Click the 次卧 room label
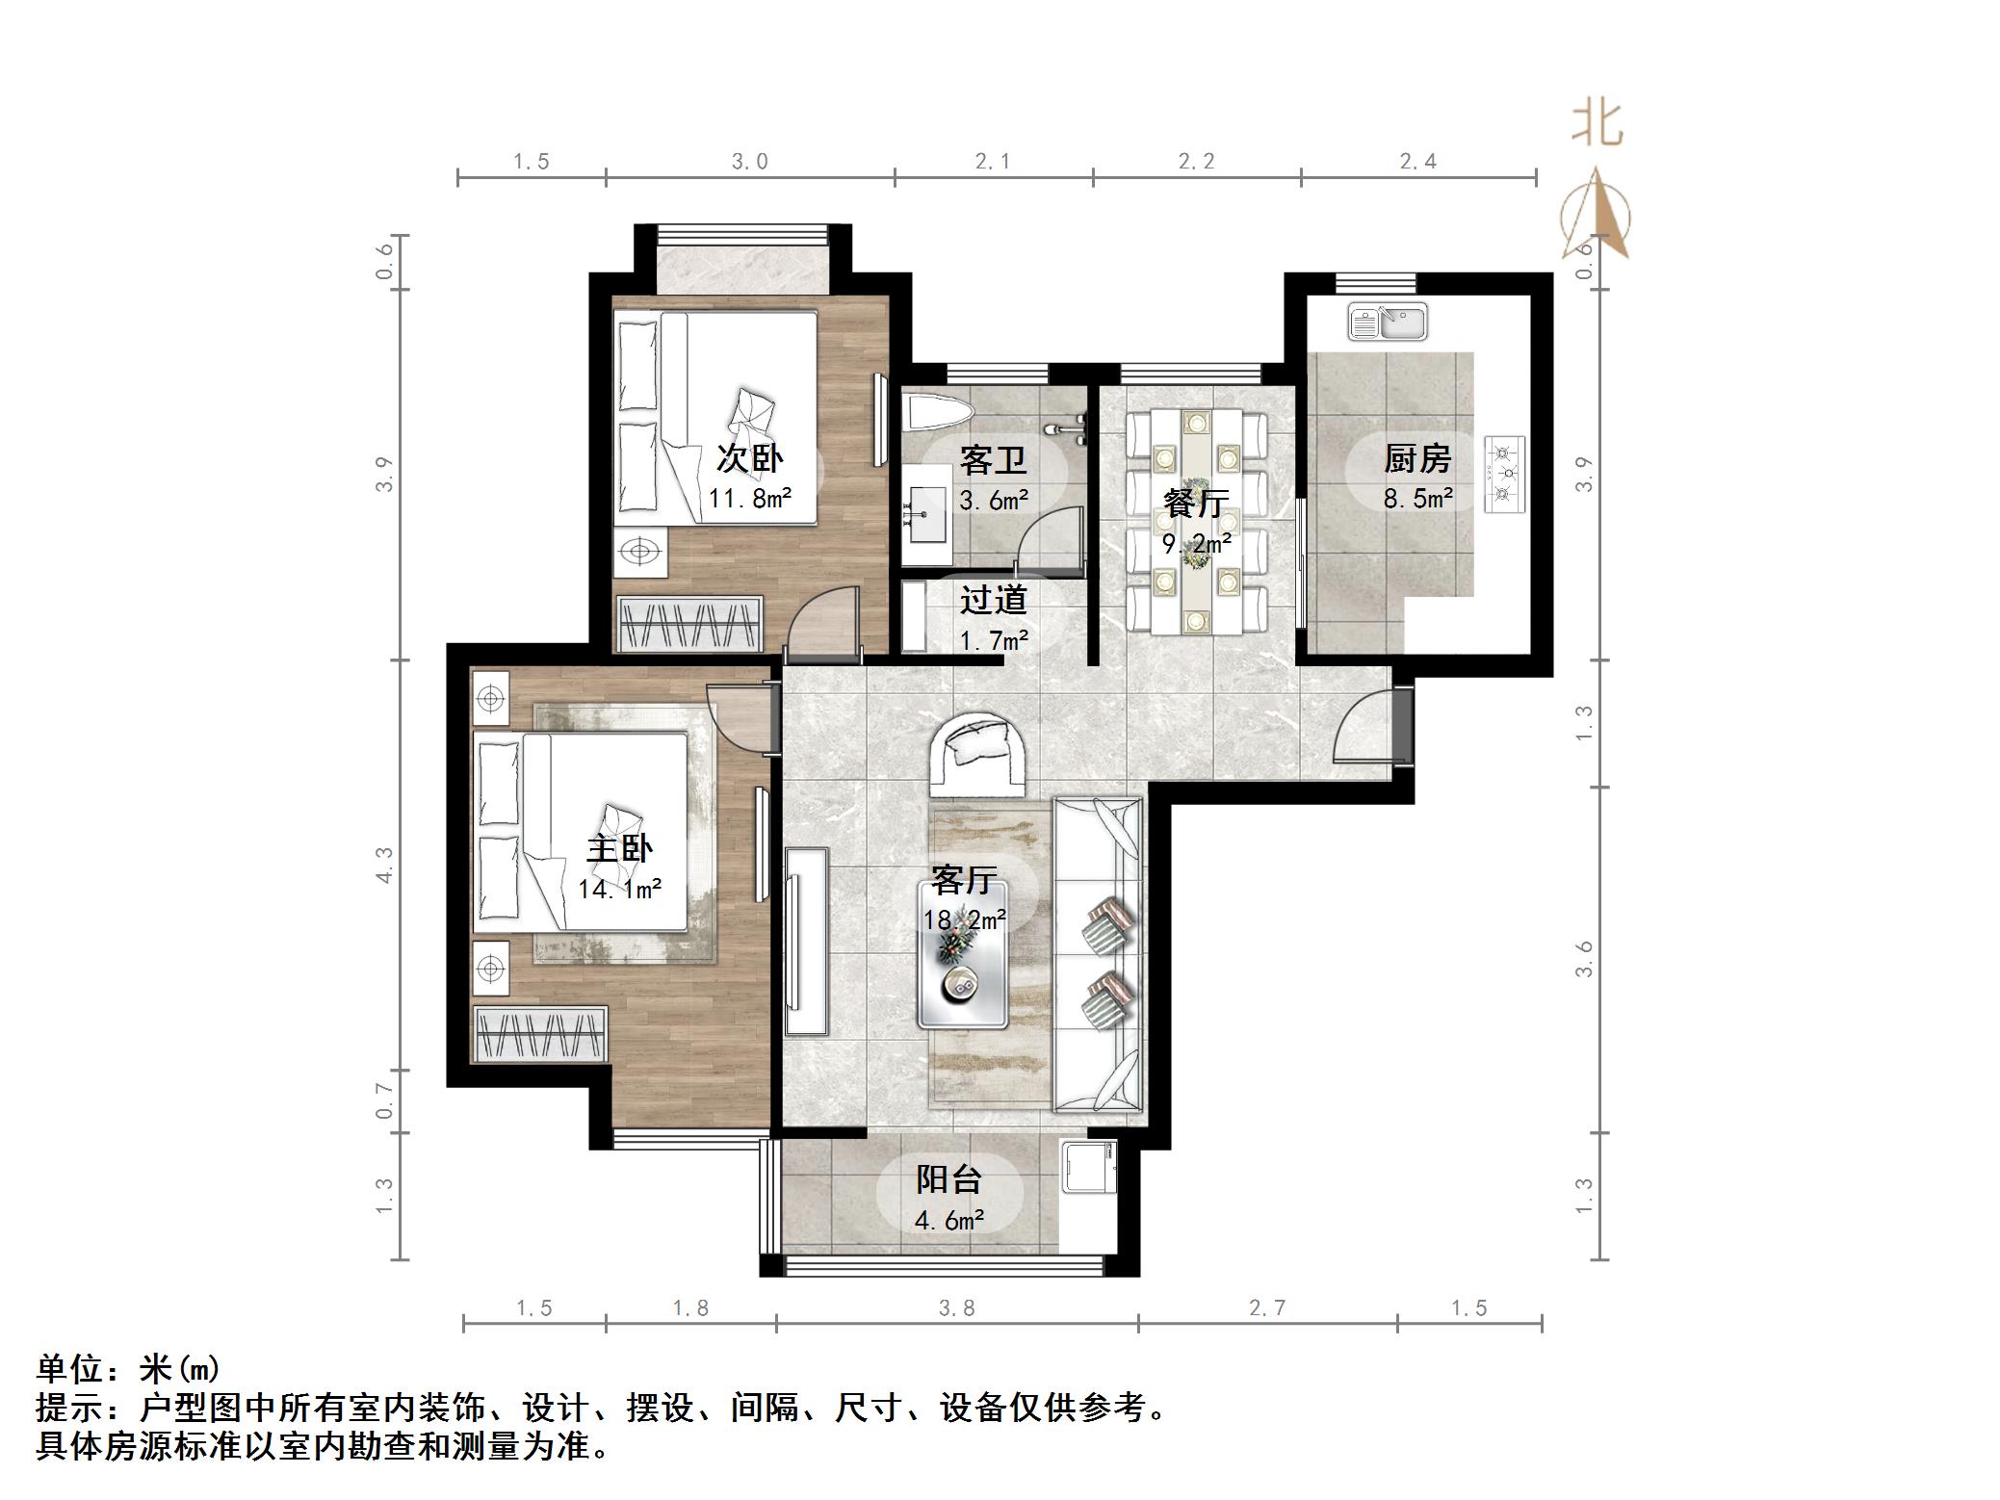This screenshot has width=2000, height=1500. (x=749, y=458)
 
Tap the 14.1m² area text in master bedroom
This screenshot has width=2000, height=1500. (x=619, y=889)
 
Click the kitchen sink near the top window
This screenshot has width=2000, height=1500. (x=1388, y=322)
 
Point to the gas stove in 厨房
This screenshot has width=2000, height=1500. (x=1505, y=473)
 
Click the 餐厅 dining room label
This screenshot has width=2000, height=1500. (x=1196, y=503)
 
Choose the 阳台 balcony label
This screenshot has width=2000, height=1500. (x=948, y=1179)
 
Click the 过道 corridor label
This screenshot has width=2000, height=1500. (x=993, y=600)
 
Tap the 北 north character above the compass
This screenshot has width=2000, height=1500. (x=1597, y=125)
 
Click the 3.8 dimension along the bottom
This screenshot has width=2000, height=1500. (x=956, y=1307)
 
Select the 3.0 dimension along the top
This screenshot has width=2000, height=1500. (x=749, y=162)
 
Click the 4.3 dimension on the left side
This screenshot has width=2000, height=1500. (x=384, y=865)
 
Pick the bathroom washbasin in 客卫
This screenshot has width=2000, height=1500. (x=924, y=513)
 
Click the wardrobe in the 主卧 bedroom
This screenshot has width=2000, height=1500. (x=540, y=1034)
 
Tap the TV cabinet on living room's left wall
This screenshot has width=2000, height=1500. (x=806, y=941)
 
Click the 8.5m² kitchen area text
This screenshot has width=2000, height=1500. (x=1417, y=498)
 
